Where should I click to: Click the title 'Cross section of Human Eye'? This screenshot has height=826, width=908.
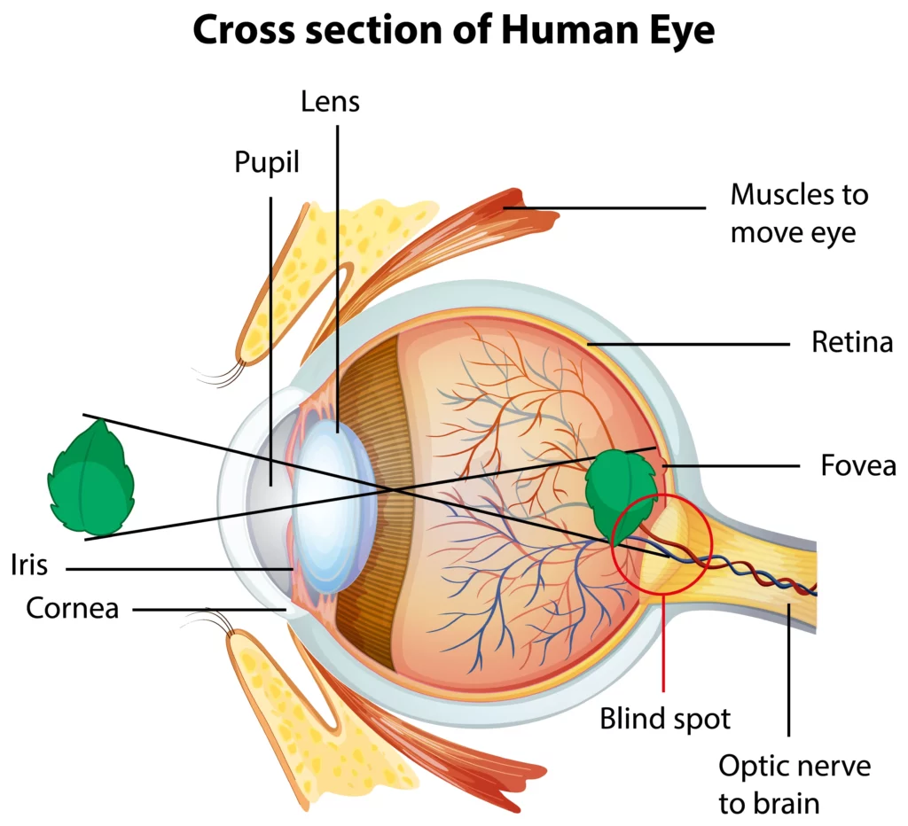pyautogui.click(x=453, y=31)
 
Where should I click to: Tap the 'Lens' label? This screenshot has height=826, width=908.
pyautogui.click(x=330, y=101)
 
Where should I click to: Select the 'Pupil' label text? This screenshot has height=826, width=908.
pyautogui.click(x=267, y=162)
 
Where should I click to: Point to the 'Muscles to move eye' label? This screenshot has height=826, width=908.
pyautogui.click(x=798, y=213)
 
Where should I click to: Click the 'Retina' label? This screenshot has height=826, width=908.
pyautogui.click(x=851, y=342)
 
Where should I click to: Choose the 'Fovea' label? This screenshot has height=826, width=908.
pyautogui.click(x=857, y=465)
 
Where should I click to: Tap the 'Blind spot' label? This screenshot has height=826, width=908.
pyautogui.click(x=665, y=718)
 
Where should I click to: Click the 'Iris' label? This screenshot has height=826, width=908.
pyautogui.click(x=29, y=565)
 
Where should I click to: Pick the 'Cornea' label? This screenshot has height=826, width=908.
pyautogui.click(x=72, y=608)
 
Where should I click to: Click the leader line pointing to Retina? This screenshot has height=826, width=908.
pyautogui.click(x=687, y=343)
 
